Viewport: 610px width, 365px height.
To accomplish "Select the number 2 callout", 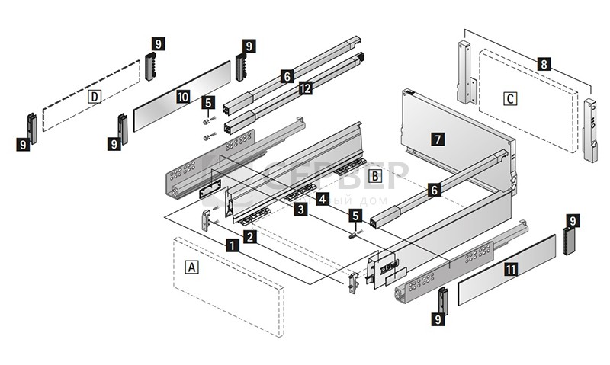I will point(249,238).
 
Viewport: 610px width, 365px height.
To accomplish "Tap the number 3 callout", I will point(302,208).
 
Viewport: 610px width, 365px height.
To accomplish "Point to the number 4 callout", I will point(323,200).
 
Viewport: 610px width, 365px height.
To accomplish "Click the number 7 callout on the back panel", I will point(436,139).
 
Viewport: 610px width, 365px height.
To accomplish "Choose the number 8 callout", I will point(542,64).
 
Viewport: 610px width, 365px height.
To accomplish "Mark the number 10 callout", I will point(182,97).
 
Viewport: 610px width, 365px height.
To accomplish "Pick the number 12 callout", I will point(305,88).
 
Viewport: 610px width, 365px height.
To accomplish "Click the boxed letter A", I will point(192,267).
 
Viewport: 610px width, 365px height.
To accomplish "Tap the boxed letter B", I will point(374,176).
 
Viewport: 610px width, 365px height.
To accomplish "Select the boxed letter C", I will point(510,98).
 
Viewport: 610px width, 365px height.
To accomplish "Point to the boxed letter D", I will point(95,97).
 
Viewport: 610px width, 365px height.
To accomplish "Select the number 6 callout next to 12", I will point(287,76).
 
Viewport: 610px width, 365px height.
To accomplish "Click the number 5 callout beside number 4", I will point(354,216).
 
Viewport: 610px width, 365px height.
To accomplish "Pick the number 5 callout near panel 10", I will point(208,101).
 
